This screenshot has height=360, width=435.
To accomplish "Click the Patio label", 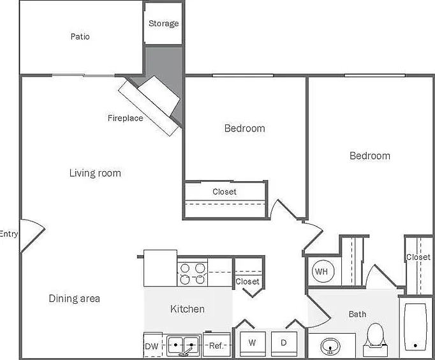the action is click(80, 36).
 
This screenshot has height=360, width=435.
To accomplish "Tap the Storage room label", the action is click(164, 24).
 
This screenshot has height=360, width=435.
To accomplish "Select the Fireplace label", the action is click(126, 118).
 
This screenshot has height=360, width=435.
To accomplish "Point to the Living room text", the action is click(95, 173).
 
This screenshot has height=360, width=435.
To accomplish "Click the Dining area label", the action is click(75, 299).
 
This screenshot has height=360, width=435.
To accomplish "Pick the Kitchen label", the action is click(188, 309).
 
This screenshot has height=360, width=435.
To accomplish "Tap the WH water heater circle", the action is click(323, 271).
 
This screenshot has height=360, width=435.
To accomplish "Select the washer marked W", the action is click(253, 343).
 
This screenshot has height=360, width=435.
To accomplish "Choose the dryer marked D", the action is click(284, 343).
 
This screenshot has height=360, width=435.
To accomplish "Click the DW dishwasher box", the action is click(152, 345).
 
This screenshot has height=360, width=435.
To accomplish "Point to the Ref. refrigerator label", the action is click(216, 345).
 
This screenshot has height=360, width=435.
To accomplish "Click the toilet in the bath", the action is click(375, 340).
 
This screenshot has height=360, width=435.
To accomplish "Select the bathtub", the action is click(415, 327).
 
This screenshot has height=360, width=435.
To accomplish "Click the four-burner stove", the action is click(192, 273).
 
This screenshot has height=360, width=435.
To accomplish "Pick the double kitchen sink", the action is click(183, 345).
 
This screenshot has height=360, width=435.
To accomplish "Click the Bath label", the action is click(357, 314).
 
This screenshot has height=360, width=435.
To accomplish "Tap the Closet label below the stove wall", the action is click(247, 281).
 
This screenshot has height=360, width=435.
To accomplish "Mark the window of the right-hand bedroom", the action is click(375, 75).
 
